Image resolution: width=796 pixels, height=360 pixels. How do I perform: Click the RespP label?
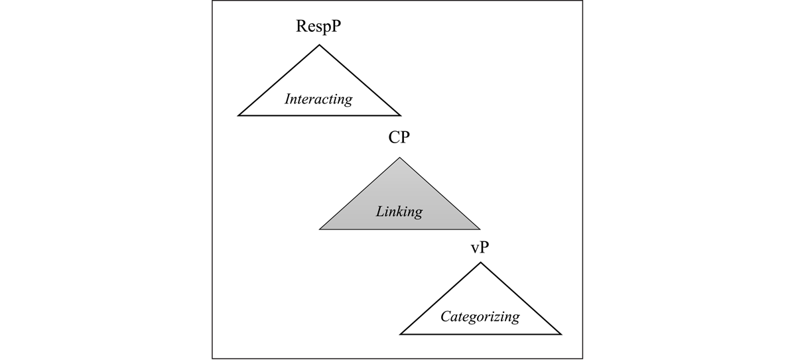tap(318, 27)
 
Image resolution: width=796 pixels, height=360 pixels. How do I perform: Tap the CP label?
tap(399, 137)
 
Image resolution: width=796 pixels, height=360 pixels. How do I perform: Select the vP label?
tap(480, 247)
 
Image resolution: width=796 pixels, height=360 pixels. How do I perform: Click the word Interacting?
tap(318, 99)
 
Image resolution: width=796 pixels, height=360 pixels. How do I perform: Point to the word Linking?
tap(399, 212)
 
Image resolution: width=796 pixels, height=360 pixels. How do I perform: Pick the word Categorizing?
tap(480, 316)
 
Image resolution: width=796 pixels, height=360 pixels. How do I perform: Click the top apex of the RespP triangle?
tap(319, 44)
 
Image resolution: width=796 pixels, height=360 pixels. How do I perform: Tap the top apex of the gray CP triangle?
tap(399, 158)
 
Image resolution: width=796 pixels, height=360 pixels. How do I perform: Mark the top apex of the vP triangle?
tap(480, 263)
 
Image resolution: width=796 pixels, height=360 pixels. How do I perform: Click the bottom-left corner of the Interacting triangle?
tap(238, 115)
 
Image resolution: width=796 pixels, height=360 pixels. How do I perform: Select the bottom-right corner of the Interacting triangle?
tap(401, 115)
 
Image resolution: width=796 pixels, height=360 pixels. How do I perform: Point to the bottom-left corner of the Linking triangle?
tap(320, 229)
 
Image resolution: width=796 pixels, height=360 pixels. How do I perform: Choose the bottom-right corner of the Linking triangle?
tap(480, 229)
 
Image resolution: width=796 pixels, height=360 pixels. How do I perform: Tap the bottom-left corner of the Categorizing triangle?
tap(400, 334)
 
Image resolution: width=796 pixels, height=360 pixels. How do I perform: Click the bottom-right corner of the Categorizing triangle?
tap(561, 334)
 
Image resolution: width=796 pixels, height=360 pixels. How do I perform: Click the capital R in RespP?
tap(302, 26)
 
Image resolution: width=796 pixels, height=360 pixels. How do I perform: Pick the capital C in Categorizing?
tap(446, 316)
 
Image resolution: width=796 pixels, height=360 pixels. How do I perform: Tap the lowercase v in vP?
tap(475, 249)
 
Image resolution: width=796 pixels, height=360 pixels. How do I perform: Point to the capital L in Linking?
tap(381, 211)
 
